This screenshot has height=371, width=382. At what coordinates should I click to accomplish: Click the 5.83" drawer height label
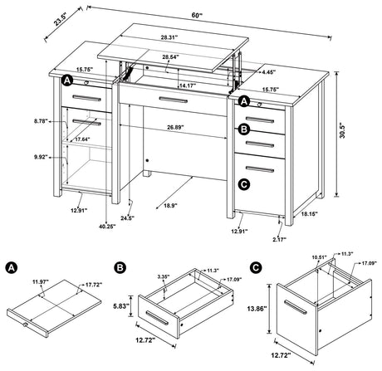click(121, 305)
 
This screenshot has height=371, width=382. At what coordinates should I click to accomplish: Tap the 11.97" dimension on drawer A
click(41, 283)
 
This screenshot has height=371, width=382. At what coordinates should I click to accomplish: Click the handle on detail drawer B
click(155, 319)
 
